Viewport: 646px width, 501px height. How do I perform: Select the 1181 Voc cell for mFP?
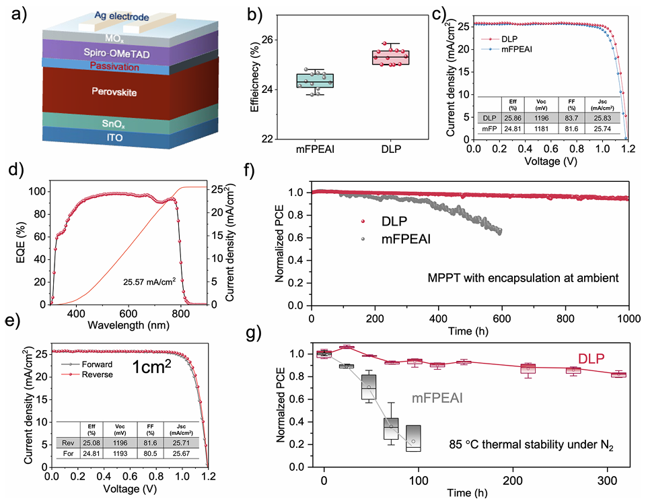pos(542,129)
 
